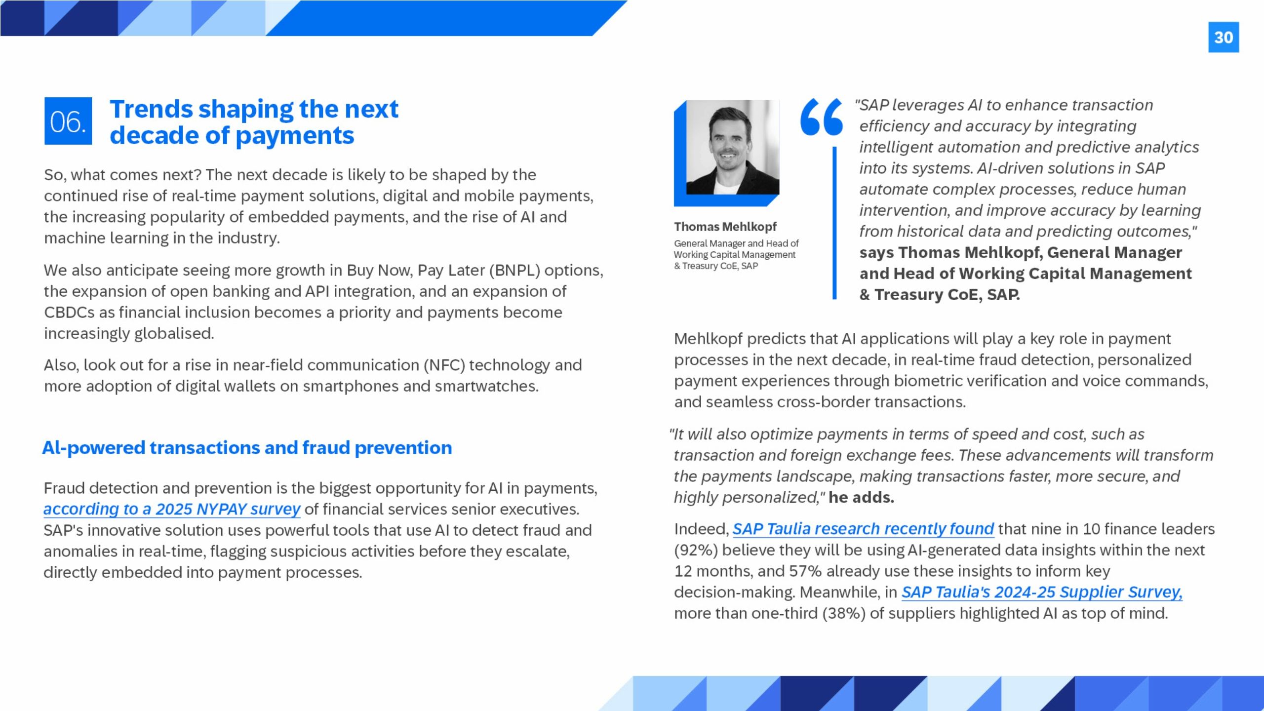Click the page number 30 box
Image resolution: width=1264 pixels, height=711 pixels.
tap(1223, 37)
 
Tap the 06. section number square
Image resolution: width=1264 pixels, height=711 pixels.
tap(68, 121)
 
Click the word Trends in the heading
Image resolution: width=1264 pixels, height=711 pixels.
tap(151, 109)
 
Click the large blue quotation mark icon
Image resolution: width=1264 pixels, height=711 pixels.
tap(821, 117)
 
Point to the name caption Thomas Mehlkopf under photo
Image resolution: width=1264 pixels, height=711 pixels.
tap(725, 227)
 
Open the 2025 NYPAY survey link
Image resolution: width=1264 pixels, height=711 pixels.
tap(171, 509)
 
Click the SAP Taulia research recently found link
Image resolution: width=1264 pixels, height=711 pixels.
tap(863, 529)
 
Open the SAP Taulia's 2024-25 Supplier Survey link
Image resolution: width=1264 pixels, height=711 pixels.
tap(1041, 592)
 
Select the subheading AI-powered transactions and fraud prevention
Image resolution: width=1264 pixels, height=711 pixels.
tap(247, 448)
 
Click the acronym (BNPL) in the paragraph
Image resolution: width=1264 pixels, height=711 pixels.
tap(514, 271)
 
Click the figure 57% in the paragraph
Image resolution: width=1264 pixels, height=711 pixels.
tap(805, 571)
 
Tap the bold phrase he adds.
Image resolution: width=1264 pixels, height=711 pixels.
tap(861, 497)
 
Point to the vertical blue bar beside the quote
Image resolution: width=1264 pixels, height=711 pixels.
tap(834, 222)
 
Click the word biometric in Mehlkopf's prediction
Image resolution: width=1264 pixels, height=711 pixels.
tap(934, 381)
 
